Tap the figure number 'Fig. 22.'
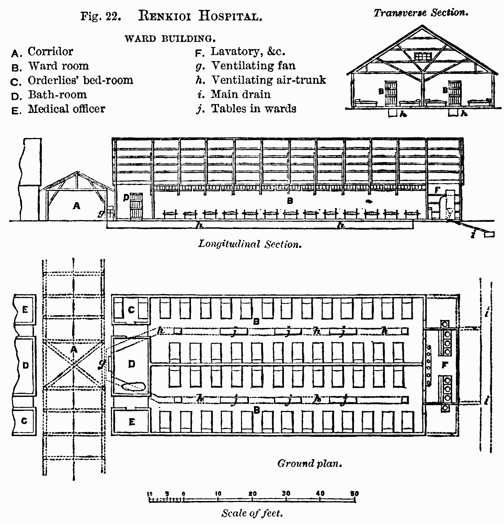[101, 16]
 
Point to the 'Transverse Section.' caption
[421, 13]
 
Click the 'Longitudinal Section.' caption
[250, 244]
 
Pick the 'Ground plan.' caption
[310, 464]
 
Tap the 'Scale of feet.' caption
[252, 513]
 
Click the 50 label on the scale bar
[354, 493]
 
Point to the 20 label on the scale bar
[252, 493]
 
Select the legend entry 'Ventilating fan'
[253, 65]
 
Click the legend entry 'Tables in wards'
[253, 109]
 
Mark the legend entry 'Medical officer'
[66, 109]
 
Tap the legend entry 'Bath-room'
[57, 94]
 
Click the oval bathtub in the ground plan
[134, 387]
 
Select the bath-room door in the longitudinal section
[136, 206]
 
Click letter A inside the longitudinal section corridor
[77, 206]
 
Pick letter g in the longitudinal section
[101, 214]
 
